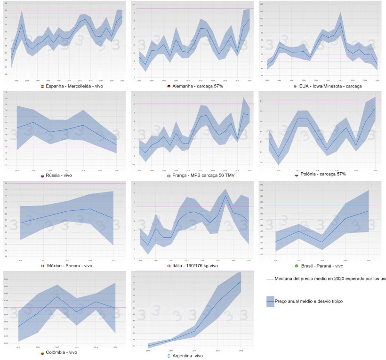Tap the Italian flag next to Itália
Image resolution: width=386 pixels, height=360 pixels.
(x=169, y=266)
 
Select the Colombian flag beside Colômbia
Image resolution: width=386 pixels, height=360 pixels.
(x=42, y=352)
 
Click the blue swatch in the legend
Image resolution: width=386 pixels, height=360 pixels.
(x=270, y=300)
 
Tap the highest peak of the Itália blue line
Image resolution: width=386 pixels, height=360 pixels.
(x=225, y=196)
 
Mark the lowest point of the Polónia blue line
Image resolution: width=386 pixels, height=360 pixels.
(x=278, y=157)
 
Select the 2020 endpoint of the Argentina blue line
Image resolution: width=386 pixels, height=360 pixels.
(x=241, y=281)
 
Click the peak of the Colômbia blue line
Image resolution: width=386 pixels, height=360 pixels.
(x=57, y=296)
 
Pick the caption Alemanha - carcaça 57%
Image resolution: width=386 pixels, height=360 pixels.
(x=197, y=87)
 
